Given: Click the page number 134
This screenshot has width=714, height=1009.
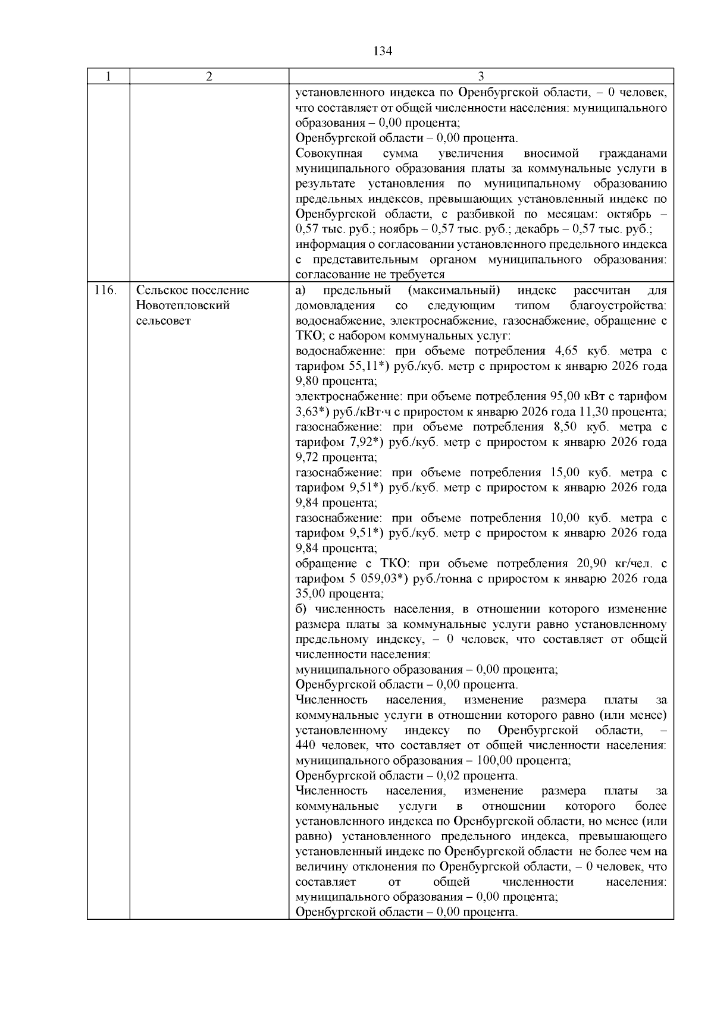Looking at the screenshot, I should (383, 51).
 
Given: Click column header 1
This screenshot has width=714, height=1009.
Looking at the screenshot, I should (108, 77).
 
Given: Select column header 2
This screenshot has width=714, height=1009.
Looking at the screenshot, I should (209, 77).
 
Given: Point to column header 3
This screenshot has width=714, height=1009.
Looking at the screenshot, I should (481, 77).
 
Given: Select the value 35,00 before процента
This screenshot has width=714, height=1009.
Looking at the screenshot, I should (309, 593).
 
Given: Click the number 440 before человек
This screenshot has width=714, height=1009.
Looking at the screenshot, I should (305, 746).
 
